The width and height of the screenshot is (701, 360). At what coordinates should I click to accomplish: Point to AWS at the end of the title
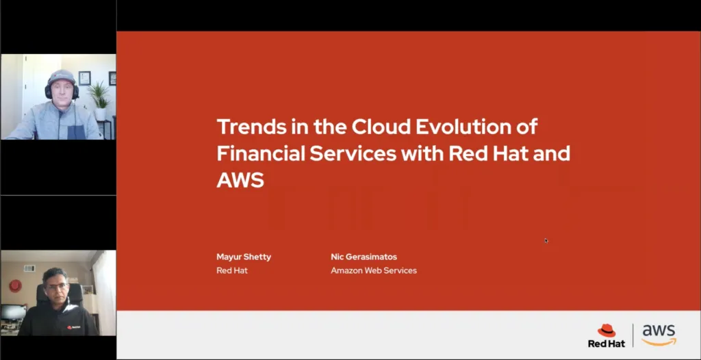click(240, 179)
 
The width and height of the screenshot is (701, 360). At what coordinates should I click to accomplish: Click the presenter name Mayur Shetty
click(244, 257)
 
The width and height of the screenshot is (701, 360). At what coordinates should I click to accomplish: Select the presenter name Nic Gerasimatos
click(364, 257)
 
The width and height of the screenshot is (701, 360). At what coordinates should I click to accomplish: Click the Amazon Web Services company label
click(374, 270)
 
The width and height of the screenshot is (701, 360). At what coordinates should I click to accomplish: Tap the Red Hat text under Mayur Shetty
click(232, 270)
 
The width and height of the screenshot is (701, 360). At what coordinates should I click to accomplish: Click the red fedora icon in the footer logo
click(607, 331)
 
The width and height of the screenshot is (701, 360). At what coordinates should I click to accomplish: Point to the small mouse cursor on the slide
click(546, 240)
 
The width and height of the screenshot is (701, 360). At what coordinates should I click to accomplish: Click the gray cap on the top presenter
click(62, 76)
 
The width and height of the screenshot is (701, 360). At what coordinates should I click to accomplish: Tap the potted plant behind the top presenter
click(100, 95)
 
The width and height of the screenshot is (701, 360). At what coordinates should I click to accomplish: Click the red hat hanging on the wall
click(15, 285)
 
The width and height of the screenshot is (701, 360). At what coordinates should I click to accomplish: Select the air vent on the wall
click(29, 268)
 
